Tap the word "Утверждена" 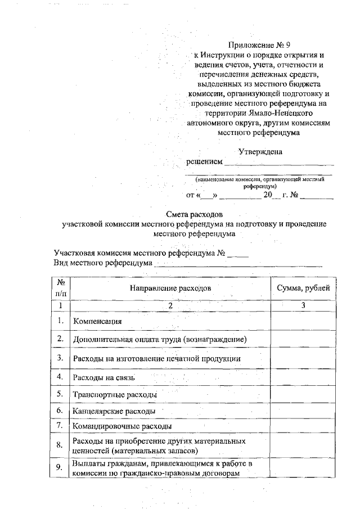coord(260,151)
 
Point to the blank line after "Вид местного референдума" coord(238,264)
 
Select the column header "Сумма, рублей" coord(304,287)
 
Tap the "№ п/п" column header coord(60,287)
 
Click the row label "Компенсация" coord(98,321)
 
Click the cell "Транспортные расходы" coord(115,395)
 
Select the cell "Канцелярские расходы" coord(115,412)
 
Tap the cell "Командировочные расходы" coord(122,427)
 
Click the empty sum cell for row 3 coord(304,358)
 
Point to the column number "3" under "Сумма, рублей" coord(303,305)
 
